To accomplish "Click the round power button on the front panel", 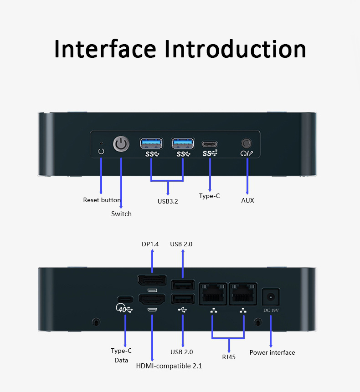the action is pos(121,144).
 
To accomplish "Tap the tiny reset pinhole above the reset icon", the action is pos(101,143).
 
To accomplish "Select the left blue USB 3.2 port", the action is pos(151,143).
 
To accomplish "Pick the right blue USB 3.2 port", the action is pos(183,143).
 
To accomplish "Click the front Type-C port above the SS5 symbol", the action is pos(210,144).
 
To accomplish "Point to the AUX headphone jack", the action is pos(247,143).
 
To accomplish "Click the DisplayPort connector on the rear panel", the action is pos(152,280).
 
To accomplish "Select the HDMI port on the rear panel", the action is pos(152,299).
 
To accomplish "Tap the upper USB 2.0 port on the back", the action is pos(183,285).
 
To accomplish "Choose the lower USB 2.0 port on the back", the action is pos(183,299).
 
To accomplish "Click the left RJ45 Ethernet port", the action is pos(213,294).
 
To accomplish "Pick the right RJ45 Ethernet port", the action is pos(243,294).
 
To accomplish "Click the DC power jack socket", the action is pos(270,297).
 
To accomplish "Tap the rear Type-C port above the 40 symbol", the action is pos(125,299).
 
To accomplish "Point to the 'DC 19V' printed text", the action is pos(271,310).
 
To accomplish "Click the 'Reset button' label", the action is pos(102,200).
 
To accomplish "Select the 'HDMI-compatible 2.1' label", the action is pos(169,366).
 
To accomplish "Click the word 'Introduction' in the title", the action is pos(235,49).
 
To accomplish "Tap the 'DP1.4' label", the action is pos(150,244).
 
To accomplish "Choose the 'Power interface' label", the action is pos(272,352).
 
